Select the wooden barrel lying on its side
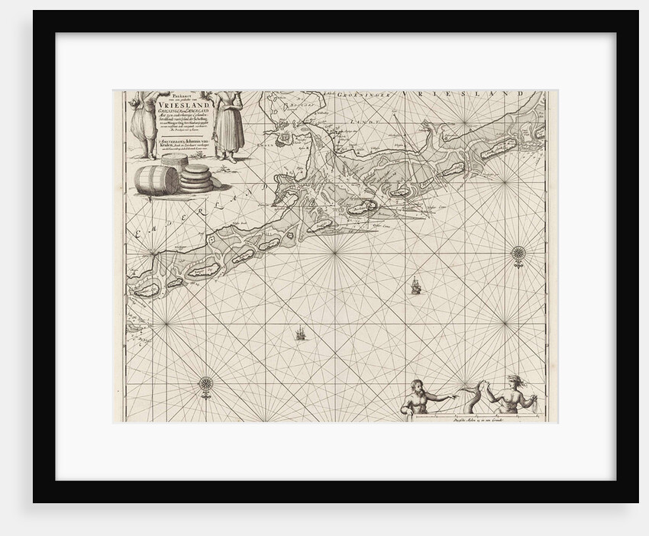[x=156, y=180]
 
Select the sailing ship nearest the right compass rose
[x=415, y=286]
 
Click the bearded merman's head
[x=417, y=387]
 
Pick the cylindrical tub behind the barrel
[x=173, y=162]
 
